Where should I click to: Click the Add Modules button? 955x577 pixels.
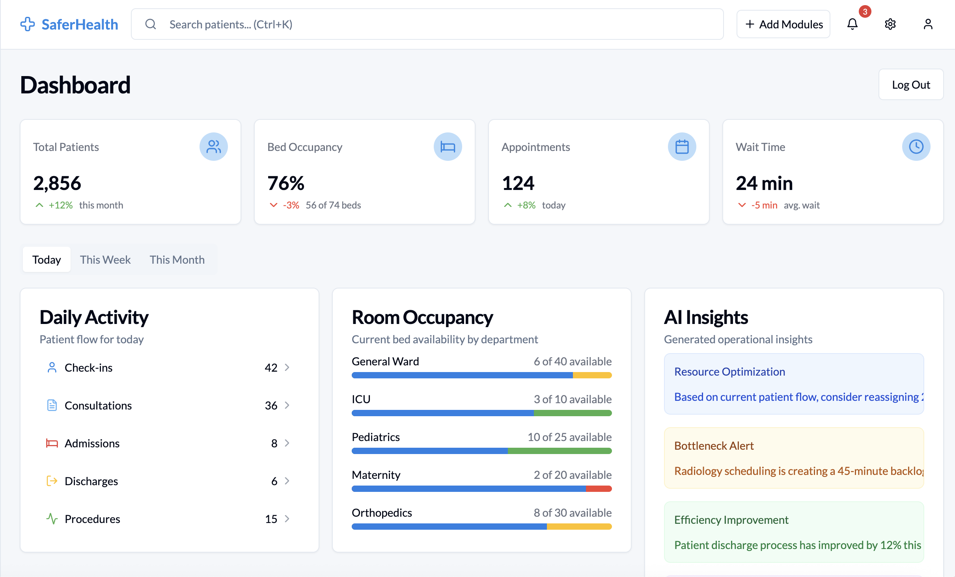783,24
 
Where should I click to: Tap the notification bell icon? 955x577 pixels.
852,24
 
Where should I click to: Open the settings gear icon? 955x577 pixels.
890,24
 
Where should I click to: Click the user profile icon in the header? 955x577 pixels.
928,24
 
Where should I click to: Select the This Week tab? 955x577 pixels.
105,260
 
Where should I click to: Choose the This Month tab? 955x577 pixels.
177,260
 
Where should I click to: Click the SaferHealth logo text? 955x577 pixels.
80,24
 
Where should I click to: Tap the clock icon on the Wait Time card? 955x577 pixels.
916,147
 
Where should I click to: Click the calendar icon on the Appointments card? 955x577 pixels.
682,147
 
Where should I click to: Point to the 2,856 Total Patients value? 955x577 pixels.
57,183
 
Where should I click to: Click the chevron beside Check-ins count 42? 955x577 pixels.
287,367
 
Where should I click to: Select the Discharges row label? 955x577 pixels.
91,481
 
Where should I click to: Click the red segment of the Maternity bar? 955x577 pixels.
599,489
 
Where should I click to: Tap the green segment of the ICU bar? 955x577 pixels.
573,413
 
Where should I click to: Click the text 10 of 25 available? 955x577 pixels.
569,437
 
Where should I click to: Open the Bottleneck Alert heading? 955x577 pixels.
714,446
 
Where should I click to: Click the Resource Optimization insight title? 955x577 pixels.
729,372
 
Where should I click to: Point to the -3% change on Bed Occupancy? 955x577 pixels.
291,205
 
